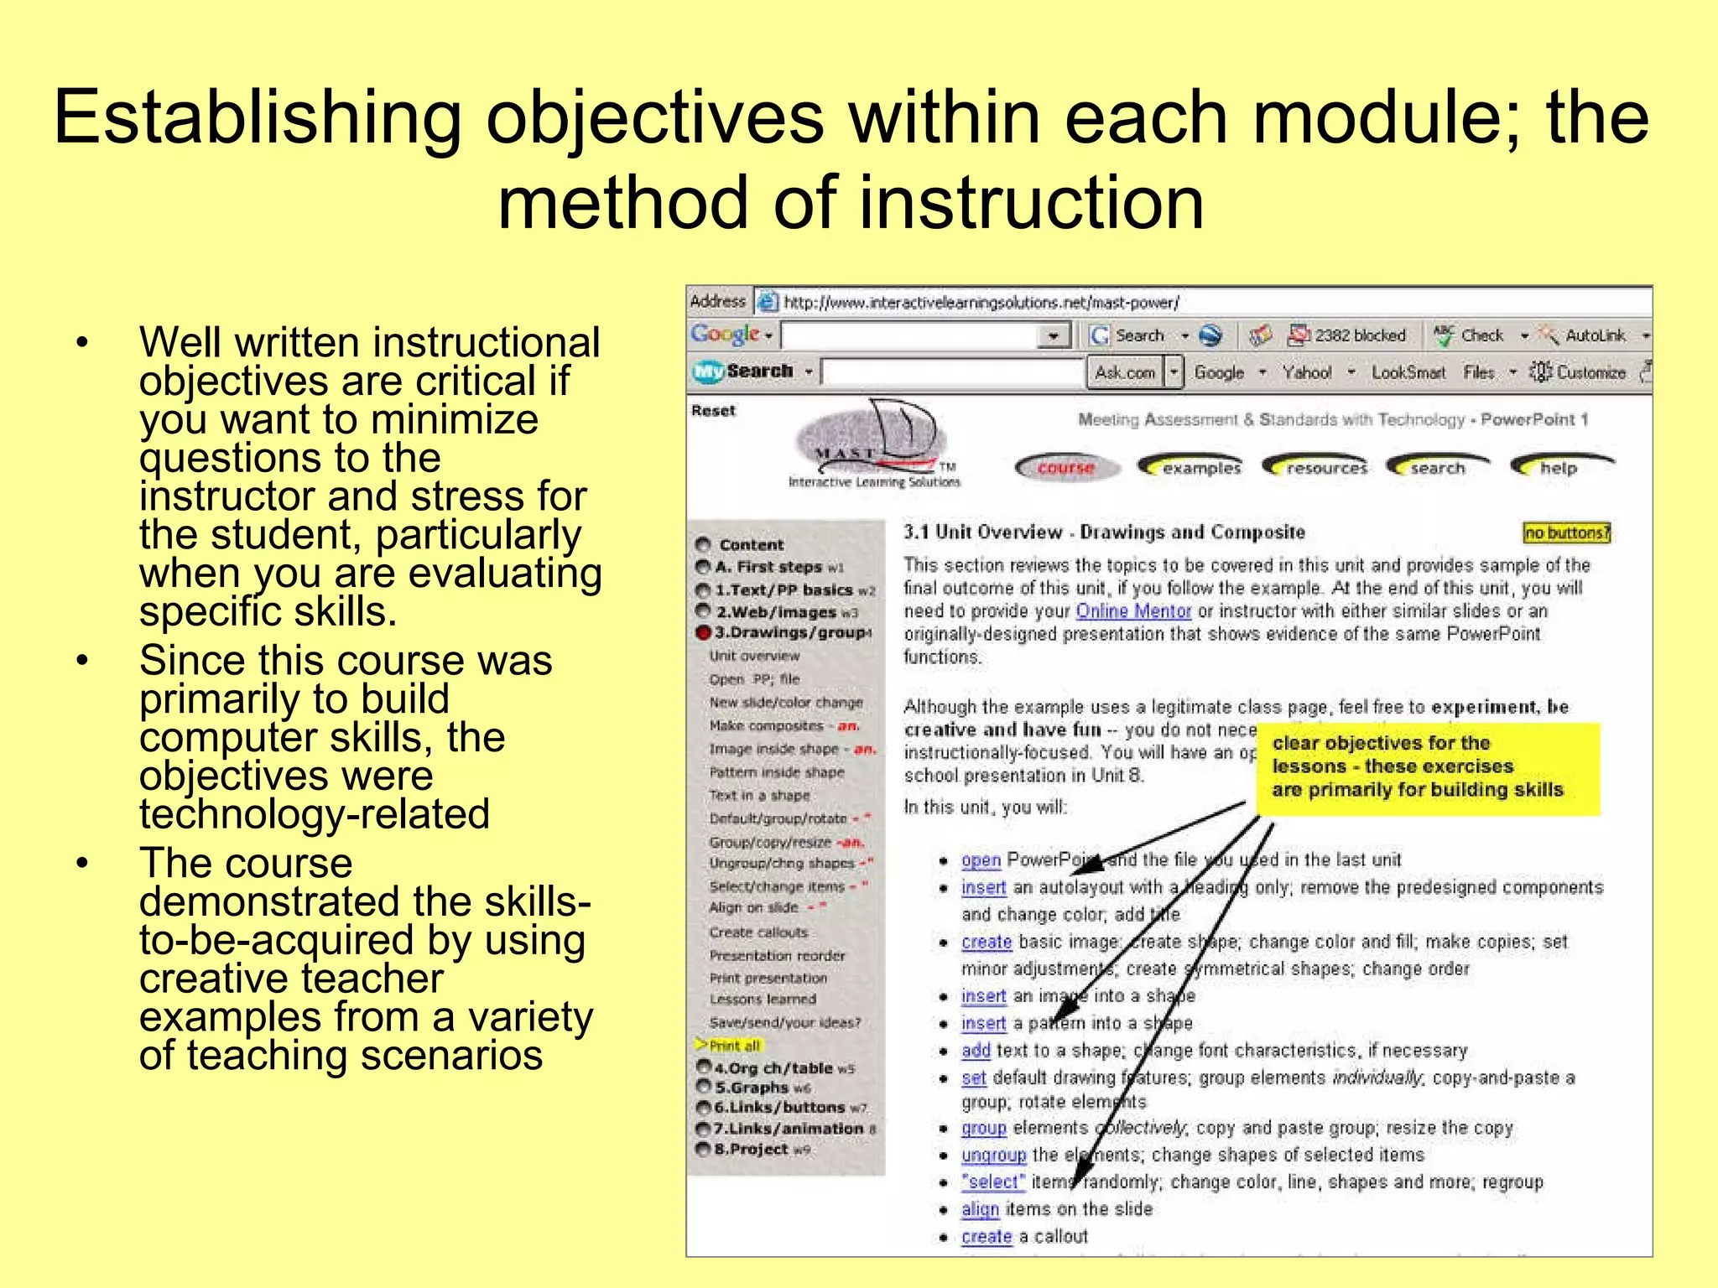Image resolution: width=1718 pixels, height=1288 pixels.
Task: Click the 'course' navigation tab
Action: coord(1066,468)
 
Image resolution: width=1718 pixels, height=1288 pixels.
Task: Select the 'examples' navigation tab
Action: coord(1191,468)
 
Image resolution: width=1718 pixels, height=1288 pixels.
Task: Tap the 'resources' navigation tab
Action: coord(1316,468)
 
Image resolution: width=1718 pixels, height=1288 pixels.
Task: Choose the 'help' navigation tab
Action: coord(1560,468)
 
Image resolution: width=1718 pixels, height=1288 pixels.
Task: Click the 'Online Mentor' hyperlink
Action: coord(1133,611)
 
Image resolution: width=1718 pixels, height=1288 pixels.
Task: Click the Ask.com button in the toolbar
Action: coord(1124,372)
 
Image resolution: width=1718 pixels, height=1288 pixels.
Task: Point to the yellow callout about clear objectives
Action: coord(1427,767)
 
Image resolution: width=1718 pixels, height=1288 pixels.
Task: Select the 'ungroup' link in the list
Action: coord(993,1156)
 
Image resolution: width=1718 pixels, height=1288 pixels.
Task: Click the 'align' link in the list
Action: coord(980,1209)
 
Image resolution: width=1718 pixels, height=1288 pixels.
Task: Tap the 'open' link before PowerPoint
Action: coord(981,860)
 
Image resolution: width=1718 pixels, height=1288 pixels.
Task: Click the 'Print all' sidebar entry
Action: coord(734,1046)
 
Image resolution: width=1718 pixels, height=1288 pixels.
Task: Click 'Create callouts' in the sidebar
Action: coord(758,932)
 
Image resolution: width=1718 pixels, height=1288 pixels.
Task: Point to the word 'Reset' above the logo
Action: coord(713,411)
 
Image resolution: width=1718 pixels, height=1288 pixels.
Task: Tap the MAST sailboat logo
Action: coord(872,444)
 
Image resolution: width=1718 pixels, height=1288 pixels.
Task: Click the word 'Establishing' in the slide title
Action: coord(258,117)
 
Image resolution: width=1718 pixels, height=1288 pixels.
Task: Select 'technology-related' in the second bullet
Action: coord(315,814)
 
